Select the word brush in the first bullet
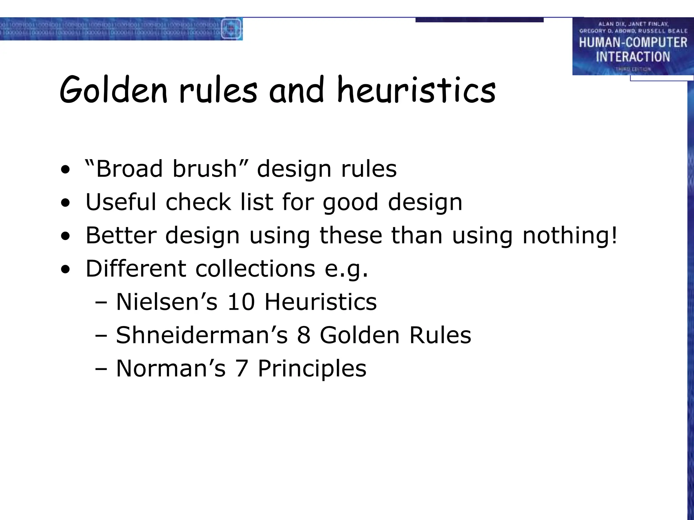point(204,169)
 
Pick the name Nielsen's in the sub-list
point(166,302)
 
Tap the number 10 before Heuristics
point(241,302)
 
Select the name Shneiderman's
point(202,335)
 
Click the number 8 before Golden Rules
point(304,335)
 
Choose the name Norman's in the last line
point(170,368)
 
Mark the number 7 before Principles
point(241,368)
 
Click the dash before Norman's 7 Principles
point(101,369)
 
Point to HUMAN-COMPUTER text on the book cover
point(633,43)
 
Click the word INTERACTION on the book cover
point(633,57)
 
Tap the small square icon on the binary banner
point(231,29)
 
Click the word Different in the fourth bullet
point(136,269)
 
